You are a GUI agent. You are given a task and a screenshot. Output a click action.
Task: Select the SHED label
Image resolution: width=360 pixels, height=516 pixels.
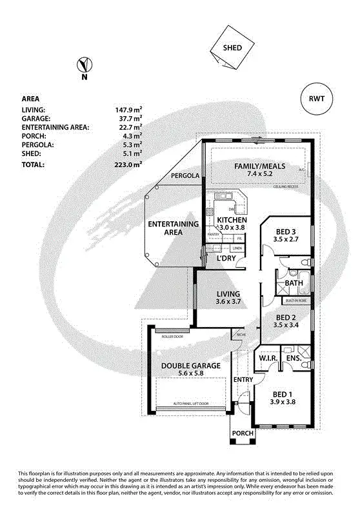(x=232, y=48)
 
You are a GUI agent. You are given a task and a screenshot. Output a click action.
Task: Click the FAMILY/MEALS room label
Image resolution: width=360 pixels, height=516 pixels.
(x=256, y=165)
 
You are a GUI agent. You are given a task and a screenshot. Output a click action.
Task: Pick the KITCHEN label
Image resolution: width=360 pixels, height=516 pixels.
(x=222, y=219)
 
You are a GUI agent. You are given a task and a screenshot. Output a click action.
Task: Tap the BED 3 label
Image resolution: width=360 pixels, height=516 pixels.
(x=286, y=232)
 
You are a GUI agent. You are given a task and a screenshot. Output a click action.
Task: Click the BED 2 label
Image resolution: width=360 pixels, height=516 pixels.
(x=286, y=317)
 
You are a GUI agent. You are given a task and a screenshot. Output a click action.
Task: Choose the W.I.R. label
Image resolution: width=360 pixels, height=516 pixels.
(x=268, y=358)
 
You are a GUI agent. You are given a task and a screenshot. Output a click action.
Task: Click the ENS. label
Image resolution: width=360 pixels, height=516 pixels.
(x=294, y=358)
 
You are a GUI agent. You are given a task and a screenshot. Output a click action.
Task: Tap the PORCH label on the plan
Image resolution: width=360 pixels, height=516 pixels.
(x=243, y=433)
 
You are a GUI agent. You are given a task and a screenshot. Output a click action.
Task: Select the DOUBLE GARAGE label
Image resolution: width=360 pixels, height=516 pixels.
(x=191, y=366)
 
